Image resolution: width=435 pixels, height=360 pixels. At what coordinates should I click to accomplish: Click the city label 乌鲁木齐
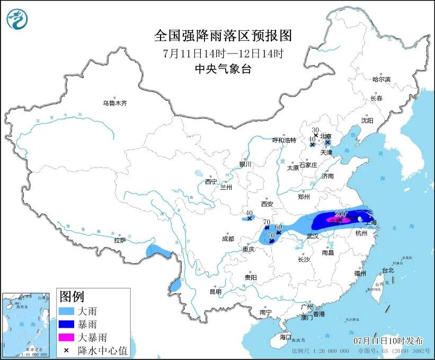pyautogui.click(x=115, y=103)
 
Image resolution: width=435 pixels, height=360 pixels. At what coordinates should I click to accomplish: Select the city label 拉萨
pyautogui.click(x=119, y=240)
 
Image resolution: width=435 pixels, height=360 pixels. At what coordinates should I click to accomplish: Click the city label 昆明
pyautogui.click(x=215, y=292)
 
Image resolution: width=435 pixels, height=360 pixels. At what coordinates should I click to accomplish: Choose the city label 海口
pyautogui.click(x=286, y=337)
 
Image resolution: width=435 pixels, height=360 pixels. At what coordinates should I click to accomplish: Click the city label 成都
pyautogui.click(x=228, y=239)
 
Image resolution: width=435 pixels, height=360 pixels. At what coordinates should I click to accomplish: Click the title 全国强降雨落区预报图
pyautogui.click(x=223, y=36)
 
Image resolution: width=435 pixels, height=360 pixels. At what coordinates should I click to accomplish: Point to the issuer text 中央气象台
pyautogui.click(x=223, y=69)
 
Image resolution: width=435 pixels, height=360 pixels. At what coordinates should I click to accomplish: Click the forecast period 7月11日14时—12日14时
pyautogui.click(x=223, y=53)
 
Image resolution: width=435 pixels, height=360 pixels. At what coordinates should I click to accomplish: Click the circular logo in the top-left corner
pyautogui.click(x=17, y=19)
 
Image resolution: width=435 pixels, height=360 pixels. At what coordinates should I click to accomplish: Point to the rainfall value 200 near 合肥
pyautogui.click(x=341, y=214)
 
